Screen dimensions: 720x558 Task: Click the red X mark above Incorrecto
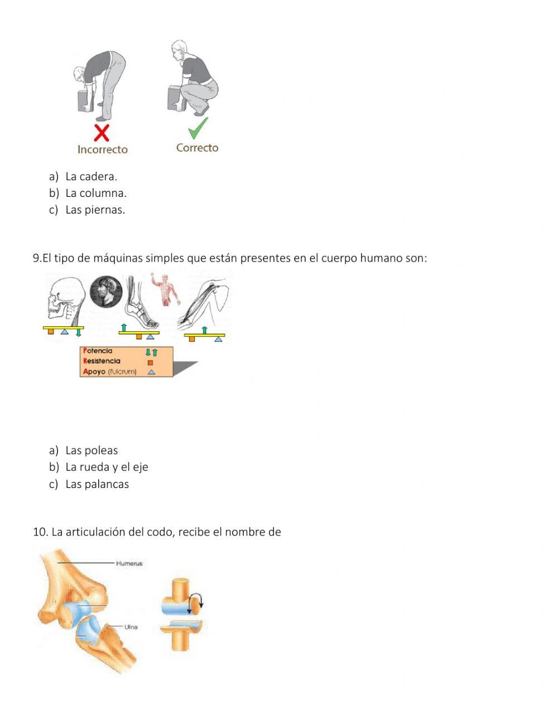tap(101, 133)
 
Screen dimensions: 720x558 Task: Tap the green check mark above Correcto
tap(198, 128)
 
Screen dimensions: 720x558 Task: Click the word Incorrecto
tap(102, 149)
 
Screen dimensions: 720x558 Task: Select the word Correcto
tap(197, 148)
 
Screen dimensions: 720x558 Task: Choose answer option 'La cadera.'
tap(91, 177)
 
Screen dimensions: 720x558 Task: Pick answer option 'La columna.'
tap(95, 194)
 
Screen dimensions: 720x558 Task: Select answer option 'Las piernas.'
tap(95, 210)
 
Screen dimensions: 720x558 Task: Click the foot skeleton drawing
tap(141, 307)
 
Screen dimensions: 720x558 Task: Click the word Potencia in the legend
tap(98, 351)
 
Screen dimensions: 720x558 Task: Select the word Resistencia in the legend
tap(102, 361)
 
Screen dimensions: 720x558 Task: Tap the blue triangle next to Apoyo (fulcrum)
tap(151, 372)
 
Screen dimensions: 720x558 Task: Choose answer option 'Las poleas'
tap(91, 451)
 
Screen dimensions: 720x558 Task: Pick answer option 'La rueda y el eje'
tap(106, 467)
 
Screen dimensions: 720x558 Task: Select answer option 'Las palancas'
tap(97, 484)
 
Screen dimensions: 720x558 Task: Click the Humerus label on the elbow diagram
tap(129, 564)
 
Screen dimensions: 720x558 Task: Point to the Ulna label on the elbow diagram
tap(131, 627)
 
